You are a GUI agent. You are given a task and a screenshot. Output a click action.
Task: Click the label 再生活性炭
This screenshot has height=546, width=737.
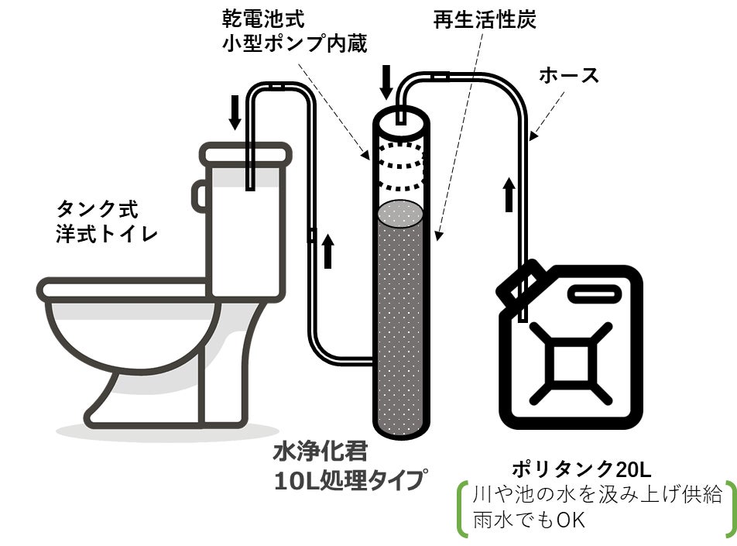point(485,20)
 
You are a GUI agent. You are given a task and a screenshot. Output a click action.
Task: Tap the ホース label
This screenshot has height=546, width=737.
point(569,75)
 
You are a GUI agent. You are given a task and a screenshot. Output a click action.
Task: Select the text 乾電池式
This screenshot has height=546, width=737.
point(263,19)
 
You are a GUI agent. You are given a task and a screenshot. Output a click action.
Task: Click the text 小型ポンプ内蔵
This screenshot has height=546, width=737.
point(294,43)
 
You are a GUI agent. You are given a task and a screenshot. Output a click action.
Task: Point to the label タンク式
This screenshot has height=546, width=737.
point(98,209)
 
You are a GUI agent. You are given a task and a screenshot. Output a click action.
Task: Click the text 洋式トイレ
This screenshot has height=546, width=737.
point(107,233)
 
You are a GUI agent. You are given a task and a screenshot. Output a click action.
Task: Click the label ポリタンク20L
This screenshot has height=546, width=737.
point(581,469)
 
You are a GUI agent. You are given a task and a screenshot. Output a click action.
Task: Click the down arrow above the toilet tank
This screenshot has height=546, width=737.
point(235,112)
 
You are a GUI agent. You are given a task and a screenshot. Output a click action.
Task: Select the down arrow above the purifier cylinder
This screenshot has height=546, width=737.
point(386,82)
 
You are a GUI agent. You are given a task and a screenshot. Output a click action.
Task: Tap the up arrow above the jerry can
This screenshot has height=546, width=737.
point(509,194)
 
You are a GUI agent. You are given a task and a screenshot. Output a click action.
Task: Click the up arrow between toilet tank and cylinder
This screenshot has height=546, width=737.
point(328,251)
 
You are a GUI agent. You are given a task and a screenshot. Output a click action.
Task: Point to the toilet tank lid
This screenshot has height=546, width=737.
point(245,155)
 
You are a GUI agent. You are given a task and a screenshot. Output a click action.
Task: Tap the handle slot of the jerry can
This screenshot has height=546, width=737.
point(595,294)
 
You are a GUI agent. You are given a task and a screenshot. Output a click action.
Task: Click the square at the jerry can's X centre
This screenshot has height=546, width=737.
point(571,363)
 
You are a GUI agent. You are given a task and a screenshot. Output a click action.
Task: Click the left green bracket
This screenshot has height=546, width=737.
point(463,508)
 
